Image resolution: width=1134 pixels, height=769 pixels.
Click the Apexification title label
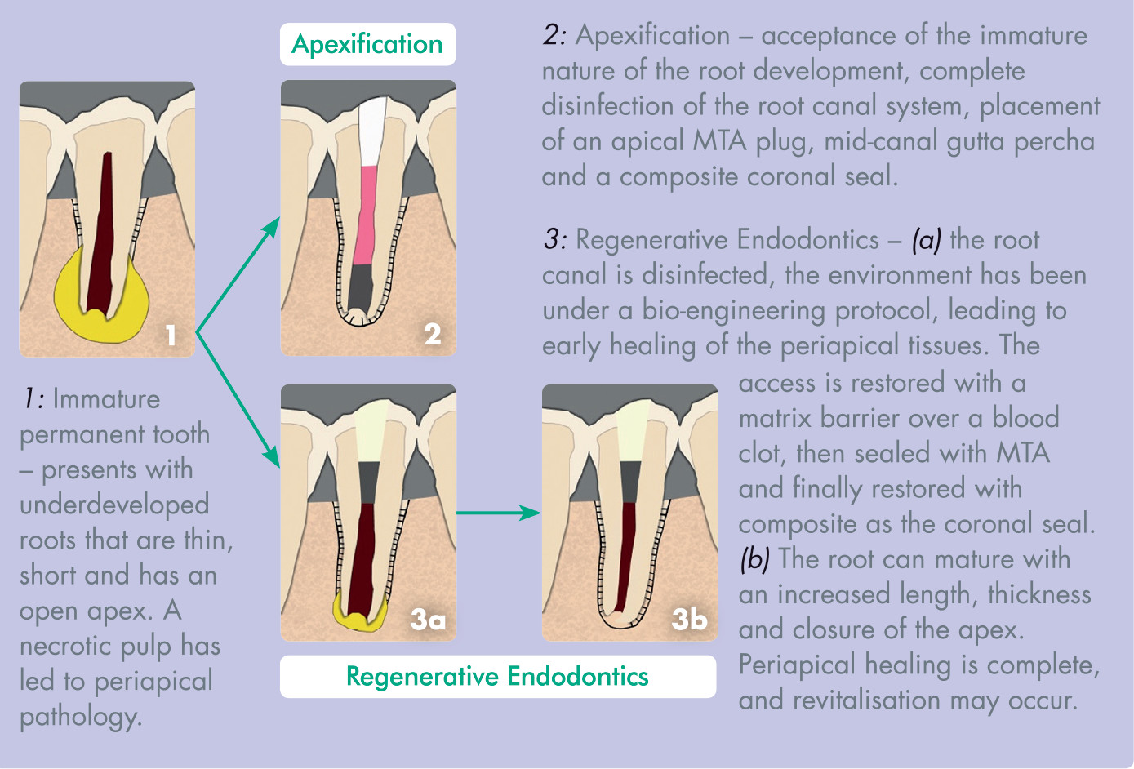pyautogui.click(x=367, y=44)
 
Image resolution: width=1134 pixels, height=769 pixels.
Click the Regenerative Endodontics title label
pyautogui.click(x=497, y=676)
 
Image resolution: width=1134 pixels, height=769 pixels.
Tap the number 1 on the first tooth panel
pyautogui.click(x=171, y=335)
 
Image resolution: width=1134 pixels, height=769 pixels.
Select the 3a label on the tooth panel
pyautogui.click(x=428, y=620)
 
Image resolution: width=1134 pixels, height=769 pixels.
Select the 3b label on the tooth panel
pyautogui.click(x=689, y=620)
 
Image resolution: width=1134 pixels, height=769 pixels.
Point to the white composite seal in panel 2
pyautogui.click(x=372, y=131)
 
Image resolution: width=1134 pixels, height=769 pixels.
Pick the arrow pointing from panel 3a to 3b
pyautogui.click(x=498, y=513)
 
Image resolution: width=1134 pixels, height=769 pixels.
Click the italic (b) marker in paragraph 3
pyautogui.click(x=755, y=559)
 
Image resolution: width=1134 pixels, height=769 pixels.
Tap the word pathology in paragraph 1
pyautogui.click(x=79, y=717)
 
